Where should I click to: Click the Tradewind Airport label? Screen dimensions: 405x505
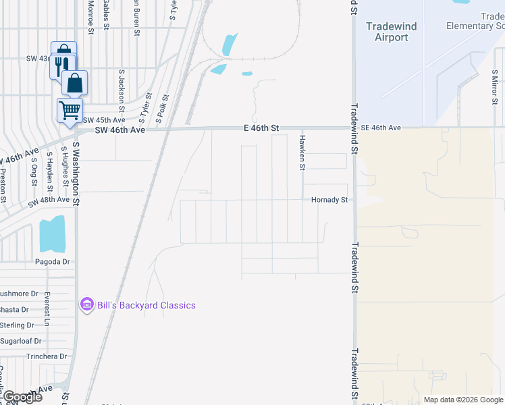click(x=392, y=32)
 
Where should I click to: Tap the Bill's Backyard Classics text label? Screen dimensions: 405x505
click(x=146, y=305)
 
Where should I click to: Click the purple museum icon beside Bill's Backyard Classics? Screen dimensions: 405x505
click(x=86, y=305)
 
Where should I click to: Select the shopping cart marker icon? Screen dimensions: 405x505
click(x=70, y=110)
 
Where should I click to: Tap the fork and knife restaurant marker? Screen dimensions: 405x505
click(x=59, y=65)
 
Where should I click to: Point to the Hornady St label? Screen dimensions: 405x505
click(x=329, y=200)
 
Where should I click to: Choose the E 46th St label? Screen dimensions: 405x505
click(x=261, y=128)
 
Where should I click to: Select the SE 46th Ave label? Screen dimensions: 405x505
click(x=381, y=128)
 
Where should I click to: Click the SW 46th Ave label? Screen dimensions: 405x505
click(x=120, y=130)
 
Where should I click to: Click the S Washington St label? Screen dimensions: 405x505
click(x=76, y=173)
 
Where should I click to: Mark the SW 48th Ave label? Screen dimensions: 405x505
click(x=49, y=200)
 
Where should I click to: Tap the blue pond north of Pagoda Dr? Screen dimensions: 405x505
click(x=53, y=234)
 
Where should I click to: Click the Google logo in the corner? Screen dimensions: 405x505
click(x=22, y=397)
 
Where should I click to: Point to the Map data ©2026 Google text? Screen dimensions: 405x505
click(x=463, y=400)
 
